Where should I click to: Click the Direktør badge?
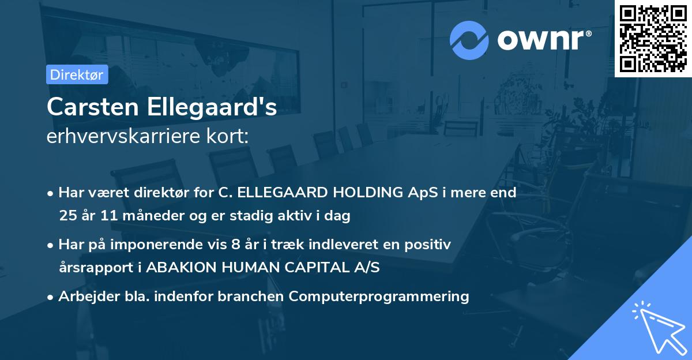pos(76,74)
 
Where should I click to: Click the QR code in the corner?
pos(653,39)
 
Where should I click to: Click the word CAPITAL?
pos(322,268)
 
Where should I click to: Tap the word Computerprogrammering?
pos(379,297)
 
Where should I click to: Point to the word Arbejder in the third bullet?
pos(82,297)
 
